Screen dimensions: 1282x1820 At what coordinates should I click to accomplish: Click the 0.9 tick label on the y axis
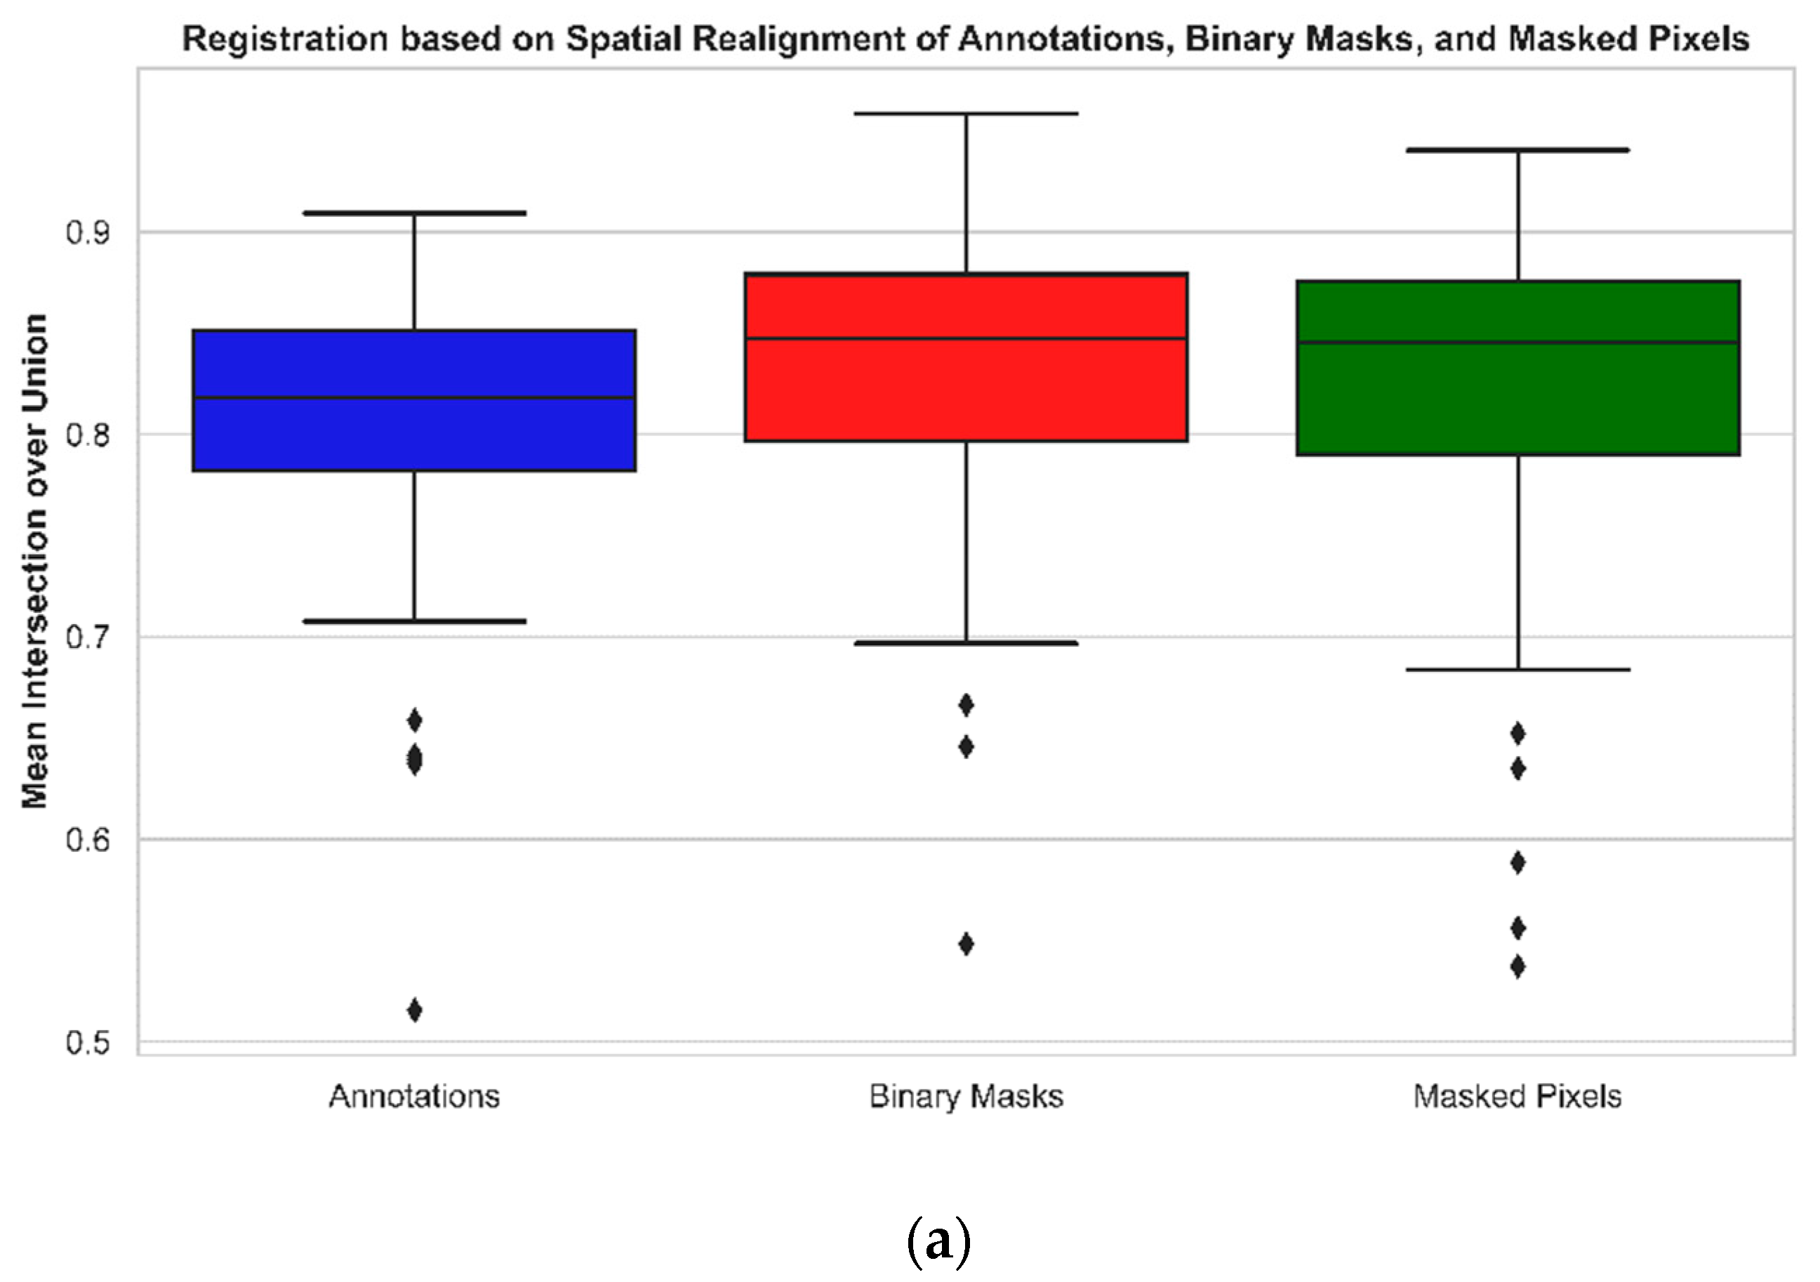(x=87, y=233)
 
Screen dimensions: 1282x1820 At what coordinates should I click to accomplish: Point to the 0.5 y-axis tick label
(x=87, y=1042)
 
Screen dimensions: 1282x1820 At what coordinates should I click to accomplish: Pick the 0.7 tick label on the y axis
(x=87, y=637)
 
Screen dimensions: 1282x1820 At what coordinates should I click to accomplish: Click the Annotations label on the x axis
(x=414, y=1097)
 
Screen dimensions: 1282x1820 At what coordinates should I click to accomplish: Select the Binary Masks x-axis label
(x=966, y=1097)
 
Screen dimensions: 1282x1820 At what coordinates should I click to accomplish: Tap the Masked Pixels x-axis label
(x=1517, y=1097)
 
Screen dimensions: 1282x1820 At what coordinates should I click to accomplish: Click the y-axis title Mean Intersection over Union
(x=35, y=562)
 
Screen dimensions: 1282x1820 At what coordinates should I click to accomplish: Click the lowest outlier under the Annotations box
(x=414, y=1010)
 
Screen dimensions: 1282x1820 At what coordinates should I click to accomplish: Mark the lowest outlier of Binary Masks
(x=966, y=944)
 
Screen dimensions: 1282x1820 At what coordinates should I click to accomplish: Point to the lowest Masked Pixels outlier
(x=1517, y=967)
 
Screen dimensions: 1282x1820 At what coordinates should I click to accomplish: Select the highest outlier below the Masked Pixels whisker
(x=1517, y=734)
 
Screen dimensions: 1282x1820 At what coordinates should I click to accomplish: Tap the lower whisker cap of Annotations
(x=414, y=621)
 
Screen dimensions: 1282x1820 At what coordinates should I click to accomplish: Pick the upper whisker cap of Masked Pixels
(x=1517, y=150)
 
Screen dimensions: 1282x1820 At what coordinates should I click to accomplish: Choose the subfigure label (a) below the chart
(x=938, y=1241)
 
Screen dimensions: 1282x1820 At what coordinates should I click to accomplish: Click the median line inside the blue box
(x=414, y=397)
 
